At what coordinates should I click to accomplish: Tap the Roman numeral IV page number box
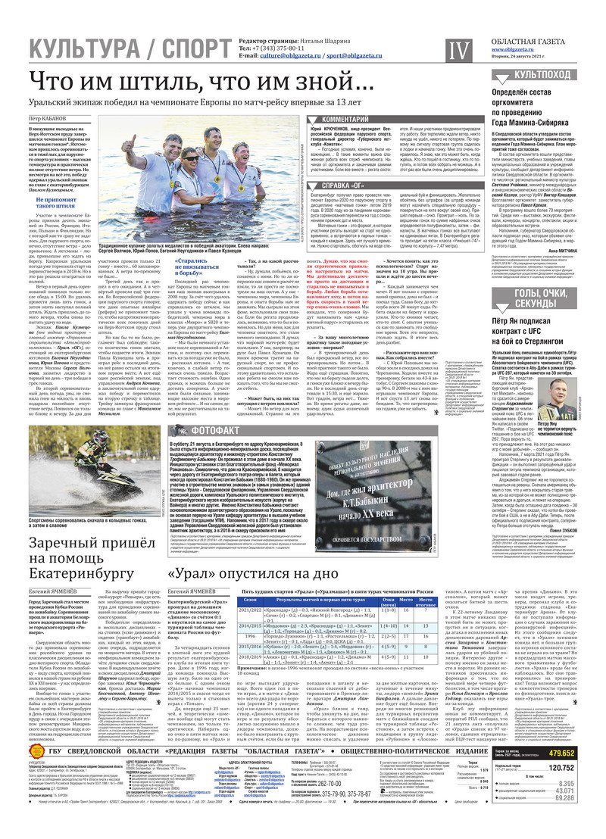click(x=458, y=50)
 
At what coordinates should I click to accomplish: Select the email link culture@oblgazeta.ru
click(x=298, y=56)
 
